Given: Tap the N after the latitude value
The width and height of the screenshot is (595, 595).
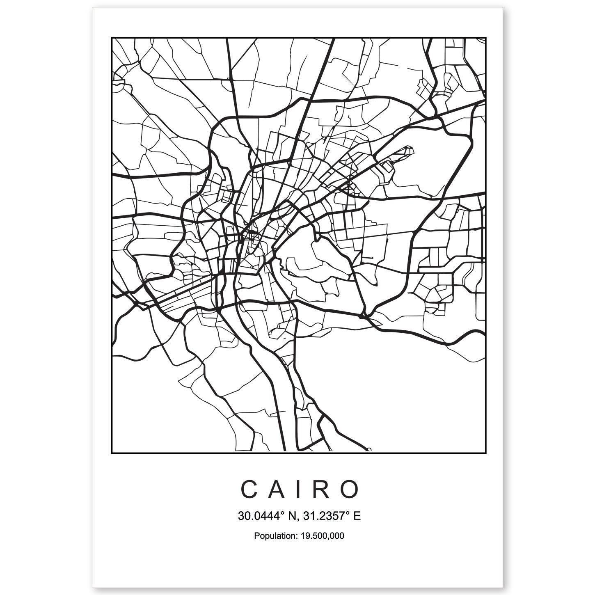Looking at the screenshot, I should click(x=293, y=516).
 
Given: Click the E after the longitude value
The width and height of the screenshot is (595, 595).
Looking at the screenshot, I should click(x=357, y=516).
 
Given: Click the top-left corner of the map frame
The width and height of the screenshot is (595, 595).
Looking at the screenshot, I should click(x=112, y=38).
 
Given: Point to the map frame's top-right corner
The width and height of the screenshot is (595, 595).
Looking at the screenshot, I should click(x=486, y=38).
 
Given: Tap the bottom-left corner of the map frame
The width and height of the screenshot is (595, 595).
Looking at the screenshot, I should click(x=112, y=453).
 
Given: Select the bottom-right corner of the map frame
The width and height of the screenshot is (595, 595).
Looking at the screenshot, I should click(x=486, y=453).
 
